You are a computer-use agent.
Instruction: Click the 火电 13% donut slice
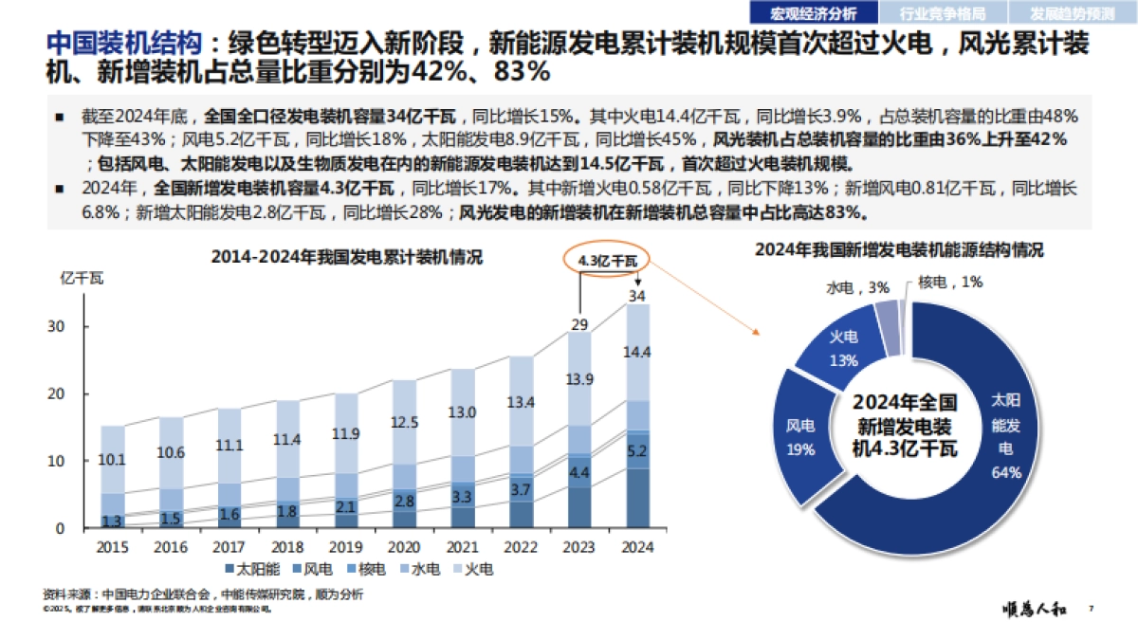[x=843, y=349]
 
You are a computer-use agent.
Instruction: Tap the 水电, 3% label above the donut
[x=844, y=286]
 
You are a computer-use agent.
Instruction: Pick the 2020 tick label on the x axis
[x=404, y=547]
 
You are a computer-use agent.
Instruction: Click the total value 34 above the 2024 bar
[x=637, y=297]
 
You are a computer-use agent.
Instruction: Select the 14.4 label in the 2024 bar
[x=637, y=353]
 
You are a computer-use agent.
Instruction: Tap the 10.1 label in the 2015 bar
[x=113, y=460]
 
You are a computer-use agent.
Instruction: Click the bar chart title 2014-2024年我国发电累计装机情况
[x=346, y=257]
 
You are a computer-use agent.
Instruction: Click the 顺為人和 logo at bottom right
[x=1037, y=610]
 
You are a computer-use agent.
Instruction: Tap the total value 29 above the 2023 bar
[x=578, y=324]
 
